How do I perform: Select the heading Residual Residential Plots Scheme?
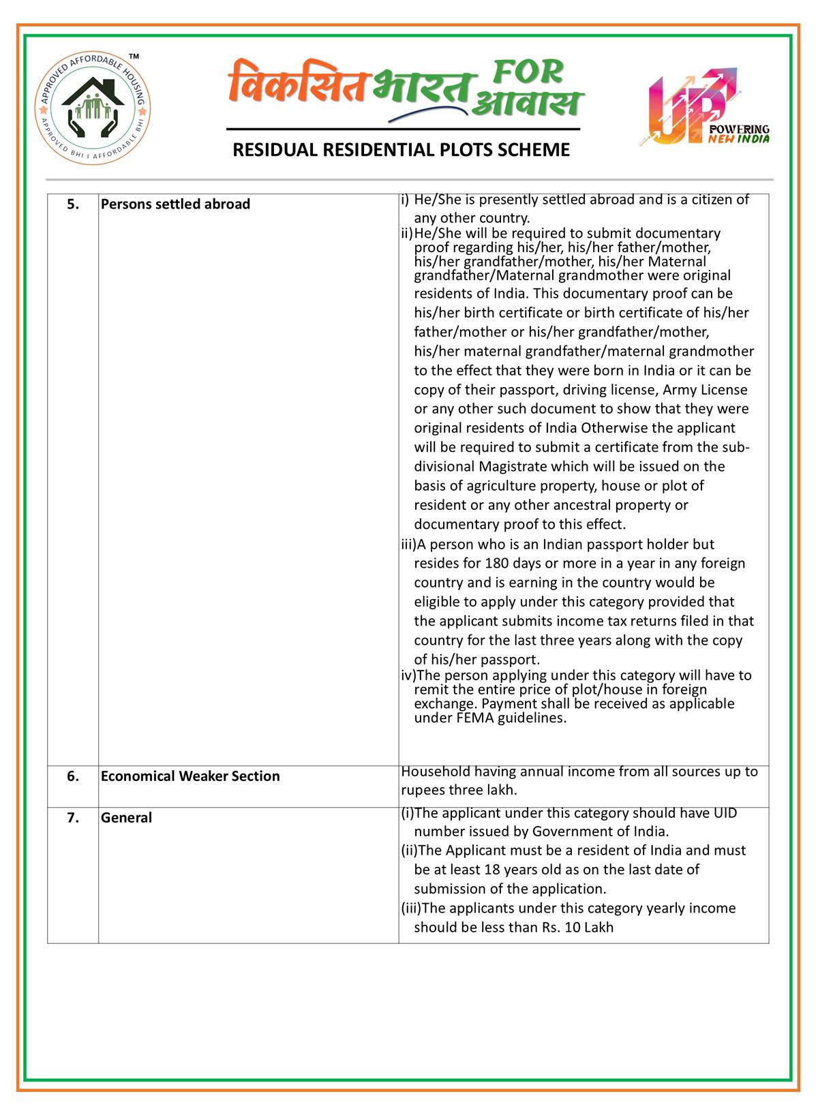pyautogui.click(x=402, y=150)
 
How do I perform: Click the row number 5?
pyautogui.click(x=72, y=204)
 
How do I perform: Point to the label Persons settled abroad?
pyautogui.click(x=175, y=204)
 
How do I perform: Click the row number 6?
pyautogui.click(x=72, y=776)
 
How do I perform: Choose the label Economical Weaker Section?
pyautogui.click(x=190, y=776)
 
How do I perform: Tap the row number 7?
pyautogui.click(x=72, y=817)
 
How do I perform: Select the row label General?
pyautogui.click(x=126, y=817)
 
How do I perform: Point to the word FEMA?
pyautogui.click(x=467, y=718)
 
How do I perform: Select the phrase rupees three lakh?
pyautogui.click(x=459, y=791)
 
